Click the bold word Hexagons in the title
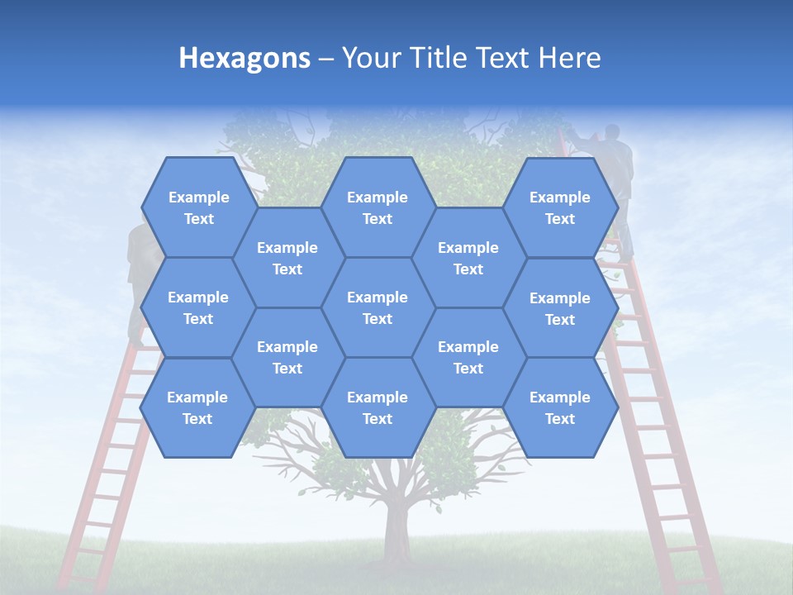click(x=245, y=58)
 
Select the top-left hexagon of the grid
click(x=198, y=207)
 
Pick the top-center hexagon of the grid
click(x=378, y=207)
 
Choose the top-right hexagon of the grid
click(x=560, y=207)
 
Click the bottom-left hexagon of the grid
click(x=197, y=407)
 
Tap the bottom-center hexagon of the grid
click(x=378, y=407)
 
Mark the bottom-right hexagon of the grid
click(x=560, y=407)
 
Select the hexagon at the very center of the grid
click(x=378, y=307)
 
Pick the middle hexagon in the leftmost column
click(x=198, y=307)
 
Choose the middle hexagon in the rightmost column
click(x=560, y=308)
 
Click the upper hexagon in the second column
click(x=287, y=258)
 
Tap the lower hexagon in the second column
click(x=287, y=357)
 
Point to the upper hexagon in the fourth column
click(x=468, y=258)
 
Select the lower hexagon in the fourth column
click(x=468, y=357)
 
